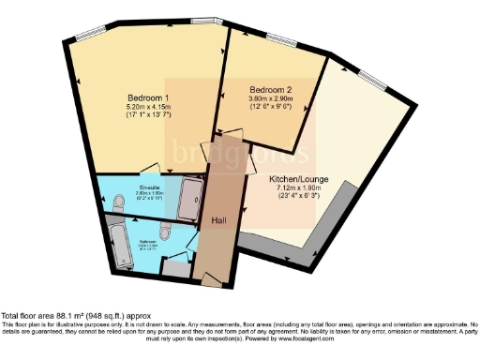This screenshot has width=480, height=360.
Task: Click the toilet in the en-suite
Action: coord(119,202)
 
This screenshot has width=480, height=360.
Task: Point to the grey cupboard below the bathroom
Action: coord(174,267)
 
